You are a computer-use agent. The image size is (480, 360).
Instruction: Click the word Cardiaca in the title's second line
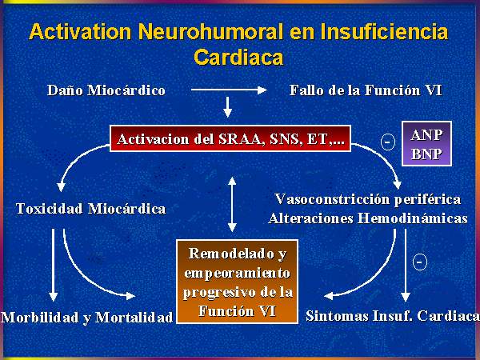click(x=238, y=57)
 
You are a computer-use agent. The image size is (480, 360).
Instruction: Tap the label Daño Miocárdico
click(x=106, y=90)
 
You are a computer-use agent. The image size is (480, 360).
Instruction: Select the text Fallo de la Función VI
click(x=366, y=90)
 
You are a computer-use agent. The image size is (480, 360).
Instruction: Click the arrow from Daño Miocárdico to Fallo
click(x=229, y=90)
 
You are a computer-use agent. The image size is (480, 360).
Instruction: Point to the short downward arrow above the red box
click(x=227, y=107)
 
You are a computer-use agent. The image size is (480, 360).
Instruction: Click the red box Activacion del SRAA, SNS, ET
click(x=230, y=138)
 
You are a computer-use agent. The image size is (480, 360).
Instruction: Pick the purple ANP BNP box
click(x=426, y=143)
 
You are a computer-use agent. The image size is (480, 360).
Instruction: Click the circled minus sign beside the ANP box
click(x=387, y=142)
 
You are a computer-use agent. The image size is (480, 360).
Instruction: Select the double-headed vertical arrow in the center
click(x=232, y=205)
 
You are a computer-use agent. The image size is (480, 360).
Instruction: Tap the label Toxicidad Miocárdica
click(x=90, y=209)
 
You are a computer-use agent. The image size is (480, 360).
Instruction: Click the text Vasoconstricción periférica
click(x=368, y=199)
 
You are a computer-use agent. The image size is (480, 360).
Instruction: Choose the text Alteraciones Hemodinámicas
click(x=368, y=218)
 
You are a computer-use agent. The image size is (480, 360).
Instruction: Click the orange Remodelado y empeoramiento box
click(x=238, y=282)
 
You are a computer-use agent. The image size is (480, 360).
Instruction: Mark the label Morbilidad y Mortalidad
click(x=87, y=318)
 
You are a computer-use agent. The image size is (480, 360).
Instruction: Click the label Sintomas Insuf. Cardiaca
click(x=393, y=316)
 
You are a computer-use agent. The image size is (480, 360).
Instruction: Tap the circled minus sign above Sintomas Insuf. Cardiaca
click(x=420, y=262)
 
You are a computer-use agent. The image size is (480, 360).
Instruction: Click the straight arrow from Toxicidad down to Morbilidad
click(x=54, y=265)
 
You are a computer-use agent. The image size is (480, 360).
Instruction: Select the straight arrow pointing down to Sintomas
click(x=406, y=265)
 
